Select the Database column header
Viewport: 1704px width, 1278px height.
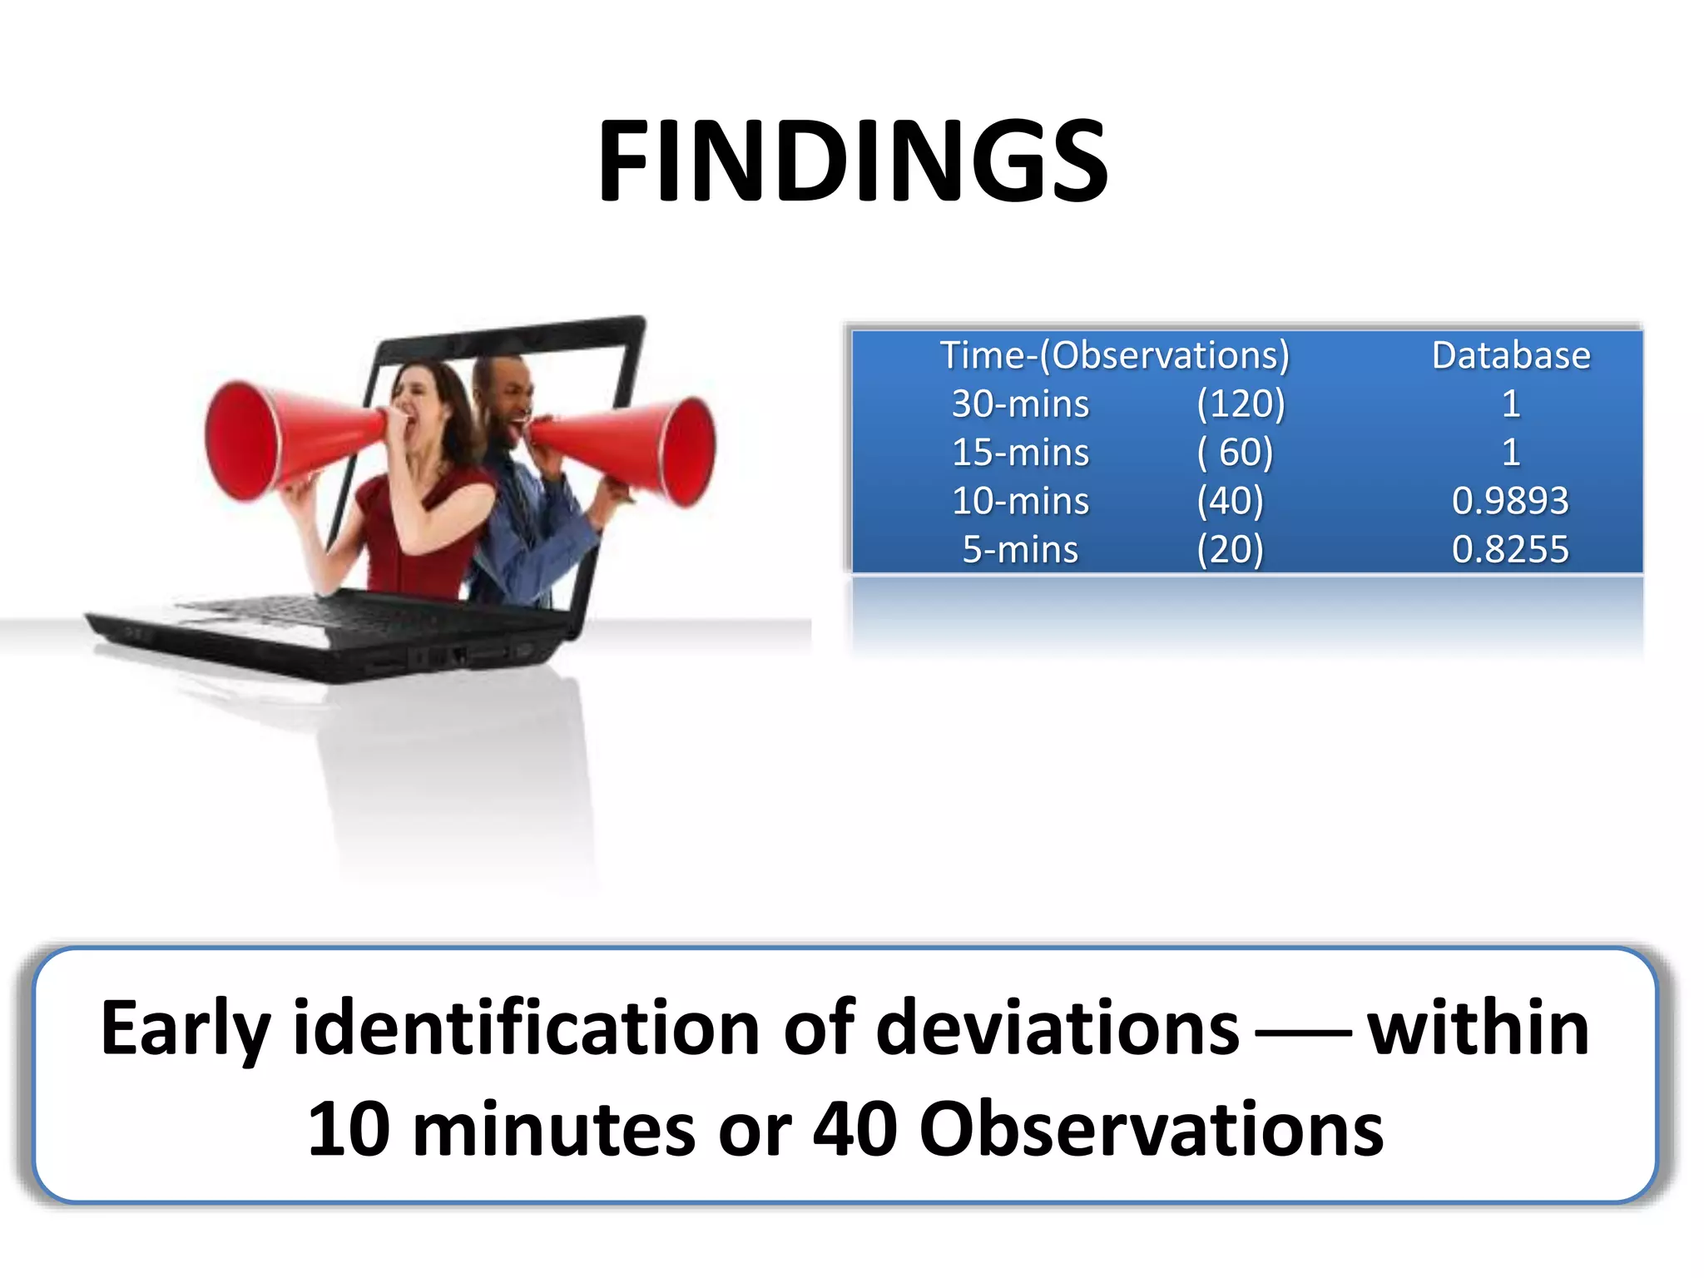pos(1510,355)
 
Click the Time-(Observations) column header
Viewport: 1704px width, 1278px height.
pos(1114,355)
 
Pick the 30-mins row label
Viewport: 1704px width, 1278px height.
pos(1020,404)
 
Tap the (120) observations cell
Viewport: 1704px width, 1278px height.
pos(1241,404)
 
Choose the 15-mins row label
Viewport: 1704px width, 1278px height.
pos(1020,453)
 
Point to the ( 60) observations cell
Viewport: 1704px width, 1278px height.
pos(1235,453)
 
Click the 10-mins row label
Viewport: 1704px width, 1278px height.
pos(1020,501)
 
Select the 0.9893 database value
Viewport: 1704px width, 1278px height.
pos(1510,501)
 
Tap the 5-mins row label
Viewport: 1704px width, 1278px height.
pos(1020,549)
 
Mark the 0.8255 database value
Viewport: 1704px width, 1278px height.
pos(1510,549)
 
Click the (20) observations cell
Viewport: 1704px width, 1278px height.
pos(1230,549)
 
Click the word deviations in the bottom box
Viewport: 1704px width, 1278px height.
pos(1058,1029)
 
